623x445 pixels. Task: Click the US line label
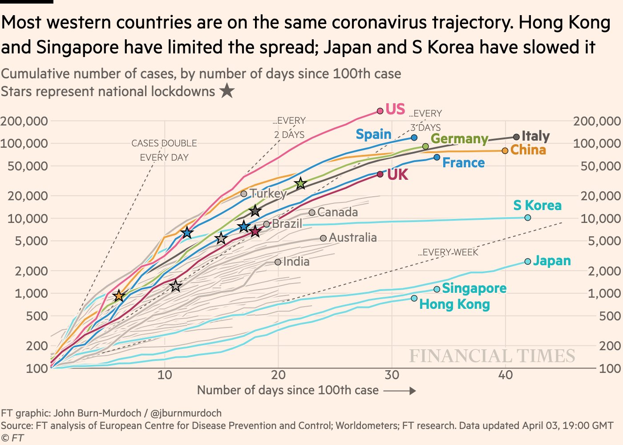pyautogui.click(x=395, y=109)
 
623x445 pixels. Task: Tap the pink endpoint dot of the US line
pyautogui.click(x=380, y=111)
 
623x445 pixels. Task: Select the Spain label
pyautogui.click(x=374, y=134)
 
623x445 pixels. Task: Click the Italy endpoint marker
pyautogui.click(x=516, y=137)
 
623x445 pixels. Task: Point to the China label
pyautogui.click(x=528, y=150)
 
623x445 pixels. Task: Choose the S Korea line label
pyautogui.click(x=537, y=205)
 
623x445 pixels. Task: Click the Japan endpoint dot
pyautogui.click(x=527, y=261)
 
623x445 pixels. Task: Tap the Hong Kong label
pyautogui.click(x=454, y=304)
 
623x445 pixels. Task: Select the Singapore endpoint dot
pyautogui.click(x=437, y=289)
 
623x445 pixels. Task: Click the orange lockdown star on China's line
pyautogui.click(x=119, y=296)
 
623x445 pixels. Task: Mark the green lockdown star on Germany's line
pyautogui.click(x=301, y=183)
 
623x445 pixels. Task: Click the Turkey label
pyautogui.click(x=268, y=193)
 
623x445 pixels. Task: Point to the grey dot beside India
pyautogui.click(x=278, y=262)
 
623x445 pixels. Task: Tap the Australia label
pyautogui.click(x=353, y=238)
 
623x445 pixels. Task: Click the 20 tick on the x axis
pyautogui.click(x=278, y=375)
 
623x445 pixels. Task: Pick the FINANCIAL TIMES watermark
pyautogui.click(x=492, y=356)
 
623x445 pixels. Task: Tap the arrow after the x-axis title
pyautogui.click(x=400, y=391)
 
